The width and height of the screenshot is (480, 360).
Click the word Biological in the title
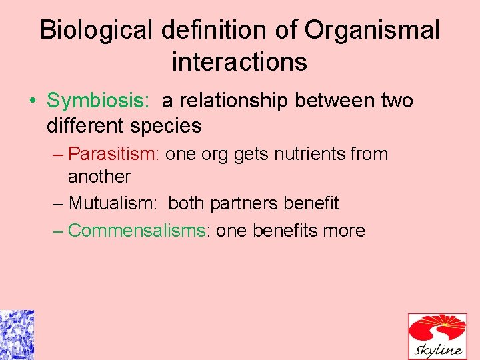pos(95,31)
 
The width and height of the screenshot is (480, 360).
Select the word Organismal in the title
pos(372,31)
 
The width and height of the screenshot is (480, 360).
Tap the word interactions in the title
pos(239,62)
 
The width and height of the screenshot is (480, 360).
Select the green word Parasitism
pos(113,154)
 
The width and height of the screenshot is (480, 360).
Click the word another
pos(99,177)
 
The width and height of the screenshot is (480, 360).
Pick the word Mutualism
pos(113,203)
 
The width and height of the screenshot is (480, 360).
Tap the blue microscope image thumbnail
pos(17,335)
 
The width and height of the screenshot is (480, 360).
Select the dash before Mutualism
pos(58,203)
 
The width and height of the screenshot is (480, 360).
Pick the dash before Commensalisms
pos(58,231)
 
